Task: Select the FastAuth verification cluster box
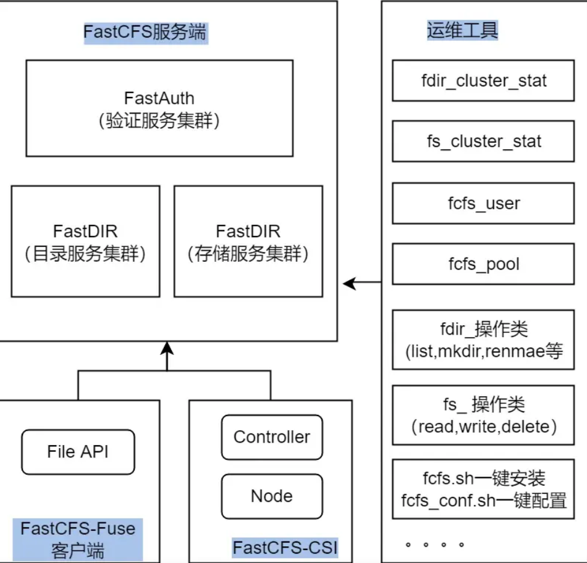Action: [x=159, y=109]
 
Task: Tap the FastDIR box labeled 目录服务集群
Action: [x=85, y=242]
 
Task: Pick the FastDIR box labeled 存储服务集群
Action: [x=248, y=242]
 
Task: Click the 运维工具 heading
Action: [x=462, y=30]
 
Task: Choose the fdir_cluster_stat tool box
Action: [x=483, y=81]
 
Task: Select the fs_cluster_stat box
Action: [x=483, y=142]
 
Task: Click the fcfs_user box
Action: [x=483, y=203]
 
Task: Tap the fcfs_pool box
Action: [x=483, y=264]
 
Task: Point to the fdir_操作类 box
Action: [x=483, y=340]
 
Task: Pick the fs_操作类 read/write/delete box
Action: [x=483, y=415]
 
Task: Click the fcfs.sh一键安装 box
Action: [x=483, y=488]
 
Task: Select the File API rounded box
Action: [x=78, y=452]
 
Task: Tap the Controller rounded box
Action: [x=272, y=437]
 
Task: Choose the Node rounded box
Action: [x=272, y=496]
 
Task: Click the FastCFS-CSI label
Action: [x=285, y=548]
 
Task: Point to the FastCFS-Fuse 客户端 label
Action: [x=77, y=539]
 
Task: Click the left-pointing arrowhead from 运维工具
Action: [x=350, y=283]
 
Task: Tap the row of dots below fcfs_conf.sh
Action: [x=435, y=545]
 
